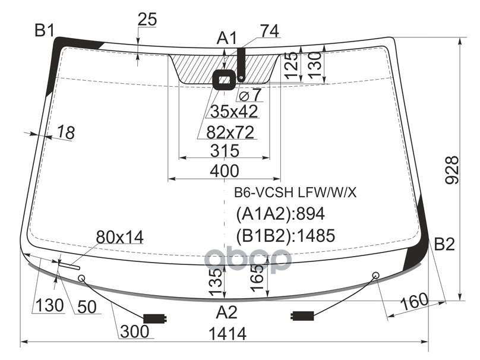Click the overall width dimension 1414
click(228, 333)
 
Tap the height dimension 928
click(452, 170)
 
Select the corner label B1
click(45, 31)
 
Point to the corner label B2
click(444, 244)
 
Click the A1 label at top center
click(227, 39)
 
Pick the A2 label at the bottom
click(227, 312)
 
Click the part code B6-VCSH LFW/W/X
click(295, 192)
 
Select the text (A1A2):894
click(280, 214)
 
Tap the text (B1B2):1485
click(285, 235)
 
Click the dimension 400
click(225, 171)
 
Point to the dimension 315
click(225, 150)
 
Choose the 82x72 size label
click(230, 132)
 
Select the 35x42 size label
click(234, 111)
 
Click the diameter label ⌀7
click(251, 94)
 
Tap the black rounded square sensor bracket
click(225, 80)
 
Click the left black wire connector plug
click(155, 318)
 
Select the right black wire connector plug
click(302, 315)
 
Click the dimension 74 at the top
click(270, 31)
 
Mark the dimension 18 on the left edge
click(66, 132)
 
